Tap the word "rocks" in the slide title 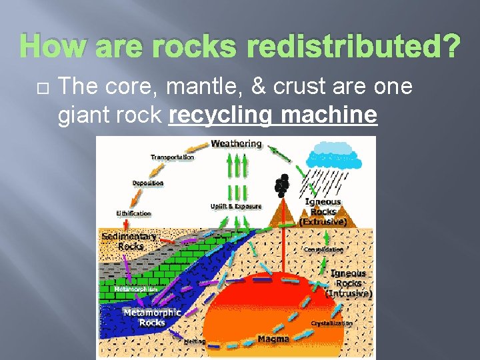[x=205, y=47]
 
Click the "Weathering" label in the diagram [x=236, y=143]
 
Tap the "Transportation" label [x=172, y=157]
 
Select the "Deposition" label [x=148, y=183]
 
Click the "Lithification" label [x=134, y=213]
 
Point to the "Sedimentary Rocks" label [x=129, y=241]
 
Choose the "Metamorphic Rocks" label [x=151, y=317]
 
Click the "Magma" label [x=273, y=339]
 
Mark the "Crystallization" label [x=332, y=323]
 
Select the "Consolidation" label [x=324, y=249]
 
